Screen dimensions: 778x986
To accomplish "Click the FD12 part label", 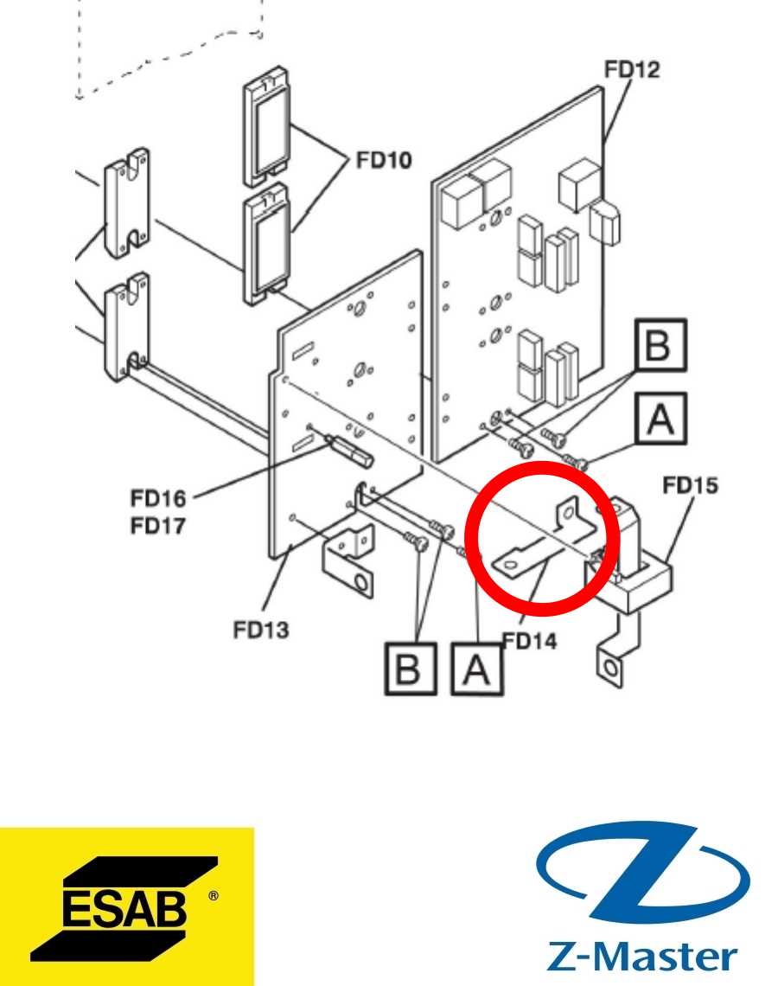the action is pos(632,69).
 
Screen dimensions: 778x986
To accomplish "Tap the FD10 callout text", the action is pos(384,160).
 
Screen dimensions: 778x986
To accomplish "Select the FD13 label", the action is pos(261,630).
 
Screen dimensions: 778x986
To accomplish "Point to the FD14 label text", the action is pos(529,641).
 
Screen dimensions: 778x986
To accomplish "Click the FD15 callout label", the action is pos(690,485).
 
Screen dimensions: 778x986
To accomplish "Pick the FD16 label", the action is pos(158,499).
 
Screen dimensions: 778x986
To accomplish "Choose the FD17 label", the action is pos(158,525).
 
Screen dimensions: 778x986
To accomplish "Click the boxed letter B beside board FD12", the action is pos(660,344).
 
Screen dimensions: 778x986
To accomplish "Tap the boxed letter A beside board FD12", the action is pos(660,418).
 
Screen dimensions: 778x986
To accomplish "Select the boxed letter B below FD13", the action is pos(411,669).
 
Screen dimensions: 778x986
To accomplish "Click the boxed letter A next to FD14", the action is pos(477,669).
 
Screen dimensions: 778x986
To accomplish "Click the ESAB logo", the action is pos(125,906).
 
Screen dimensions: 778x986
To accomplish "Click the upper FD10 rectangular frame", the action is pos(266,125).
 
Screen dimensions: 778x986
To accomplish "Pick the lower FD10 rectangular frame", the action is pos(266,244).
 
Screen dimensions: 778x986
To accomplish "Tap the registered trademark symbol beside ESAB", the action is pos(214,895).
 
